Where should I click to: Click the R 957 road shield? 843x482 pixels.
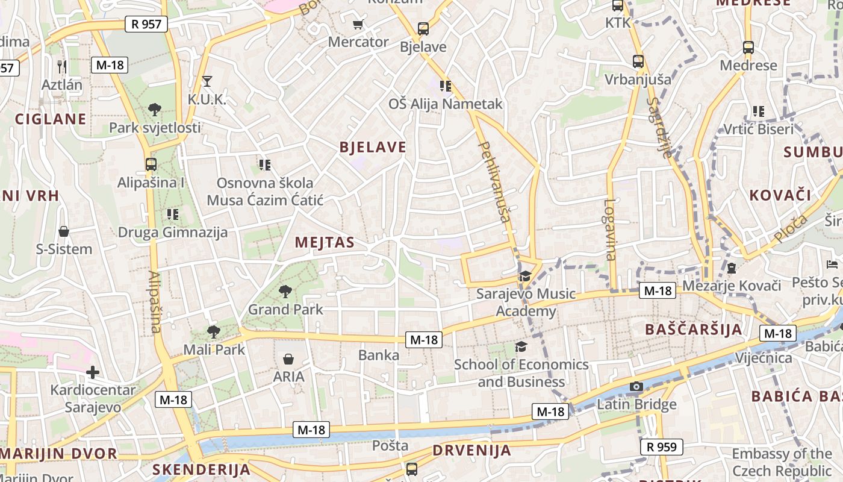[146, 24]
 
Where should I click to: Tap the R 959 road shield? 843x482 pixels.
[662, 447]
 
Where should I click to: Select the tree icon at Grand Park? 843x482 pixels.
[285, 292]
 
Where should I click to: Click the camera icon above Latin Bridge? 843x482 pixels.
[636, 386]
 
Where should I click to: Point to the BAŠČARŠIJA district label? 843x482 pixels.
[693, 329]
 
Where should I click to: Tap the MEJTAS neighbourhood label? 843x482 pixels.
[324, 242]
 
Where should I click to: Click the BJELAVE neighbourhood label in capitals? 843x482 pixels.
[373, 147]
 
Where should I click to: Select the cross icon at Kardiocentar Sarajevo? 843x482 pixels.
[92, 372]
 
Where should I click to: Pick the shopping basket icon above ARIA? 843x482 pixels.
[288, 359]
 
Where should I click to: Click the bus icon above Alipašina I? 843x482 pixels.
[151, 164]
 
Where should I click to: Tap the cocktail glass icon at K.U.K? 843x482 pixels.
[207, 81]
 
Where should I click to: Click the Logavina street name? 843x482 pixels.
[610, 230]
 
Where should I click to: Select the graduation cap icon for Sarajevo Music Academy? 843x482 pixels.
[525, 276]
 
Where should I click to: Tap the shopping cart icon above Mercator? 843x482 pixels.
[358, 25]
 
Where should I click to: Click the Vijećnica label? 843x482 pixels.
[764, 358]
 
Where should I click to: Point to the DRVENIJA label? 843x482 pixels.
[471, 450]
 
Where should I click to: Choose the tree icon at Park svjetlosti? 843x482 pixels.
[155, 110]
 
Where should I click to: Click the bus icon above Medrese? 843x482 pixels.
[748, 47]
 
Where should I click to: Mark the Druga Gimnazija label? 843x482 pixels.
[172, 232]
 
